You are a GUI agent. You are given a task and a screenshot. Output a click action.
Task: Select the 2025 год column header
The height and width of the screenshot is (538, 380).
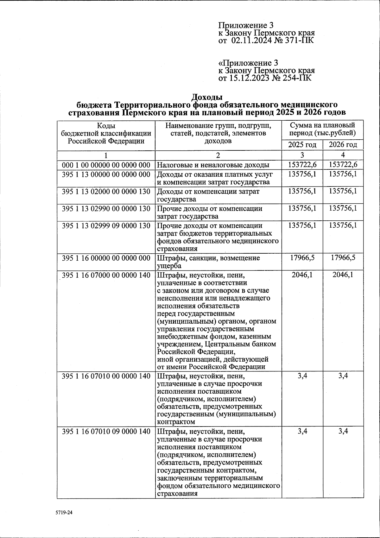(x=302, y=145)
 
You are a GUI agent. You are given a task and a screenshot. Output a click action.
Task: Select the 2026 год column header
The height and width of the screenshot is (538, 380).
(x=343, y=145)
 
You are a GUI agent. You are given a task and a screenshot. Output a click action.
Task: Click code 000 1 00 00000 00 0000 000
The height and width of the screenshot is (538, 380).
(x=106, y=165)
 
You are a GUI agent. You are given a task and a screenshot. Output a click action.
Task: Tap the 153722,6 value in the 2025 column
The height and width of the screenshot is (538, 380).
(x=302, y=165)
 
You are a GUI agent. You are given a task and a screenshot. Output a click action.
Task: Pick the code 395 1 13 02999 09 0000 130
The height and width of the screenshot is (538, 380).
(x=106, y=225)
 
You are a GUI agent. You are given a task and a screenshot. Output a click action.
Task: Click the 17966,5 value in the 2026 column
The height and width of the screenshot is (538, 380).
(x=343, y=258)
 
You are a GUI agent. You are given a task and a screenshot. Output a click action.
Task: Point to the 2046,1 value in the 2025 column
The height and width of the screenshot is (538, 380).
(x=302, y=275)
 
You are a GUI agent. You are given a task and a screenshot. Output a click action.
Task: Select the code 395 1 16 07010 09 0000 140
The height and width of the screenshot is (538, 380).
(x=106, y=431)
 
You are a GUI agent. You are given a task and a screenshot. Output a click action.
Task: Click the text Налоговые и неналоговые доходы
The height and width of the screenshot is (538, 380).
(x=213, y=165)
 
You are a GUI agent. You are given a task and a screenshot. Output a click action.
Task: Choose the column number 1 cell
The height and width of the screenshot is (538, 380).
(x=106, y=155)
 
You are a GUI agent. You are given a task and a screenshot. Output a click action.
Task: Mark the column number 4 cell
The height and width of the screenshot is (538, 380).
(x=343, y=155)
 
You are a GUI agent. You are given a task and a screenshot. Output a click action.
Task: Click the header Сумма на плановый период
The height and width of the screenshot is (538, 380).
(x=322, y=130)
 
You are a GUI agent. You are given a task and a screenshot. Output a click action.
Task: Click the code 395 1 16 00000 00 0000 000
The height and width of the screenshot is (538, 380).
(x=106, y=258)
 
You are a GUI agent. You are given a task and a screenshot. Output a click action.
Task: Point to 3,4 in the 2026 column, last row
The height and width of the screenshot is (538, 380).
(x=343, y=431)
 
